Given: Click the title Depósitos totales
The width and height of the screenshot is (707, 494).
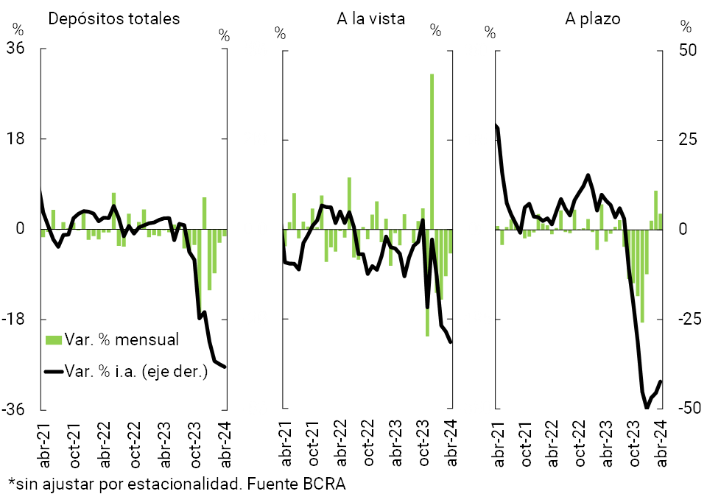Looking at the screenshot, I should click(113, 19).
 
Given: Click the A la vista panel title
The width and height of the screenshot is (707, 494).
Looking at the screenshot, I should click(370, 19).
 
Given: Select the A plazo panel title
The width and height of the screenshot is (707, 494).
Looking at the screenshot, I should click(592, 19).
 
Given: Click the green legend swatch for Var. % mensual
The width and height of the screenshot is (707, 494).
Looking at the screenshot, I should click(53, 340).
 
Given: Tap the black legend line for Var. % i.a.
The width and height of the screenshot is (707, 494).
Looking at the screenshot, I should click(53, 371).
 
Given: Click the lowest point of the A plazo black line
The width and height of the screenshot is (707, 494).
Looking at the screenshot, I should click(647, 407).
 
